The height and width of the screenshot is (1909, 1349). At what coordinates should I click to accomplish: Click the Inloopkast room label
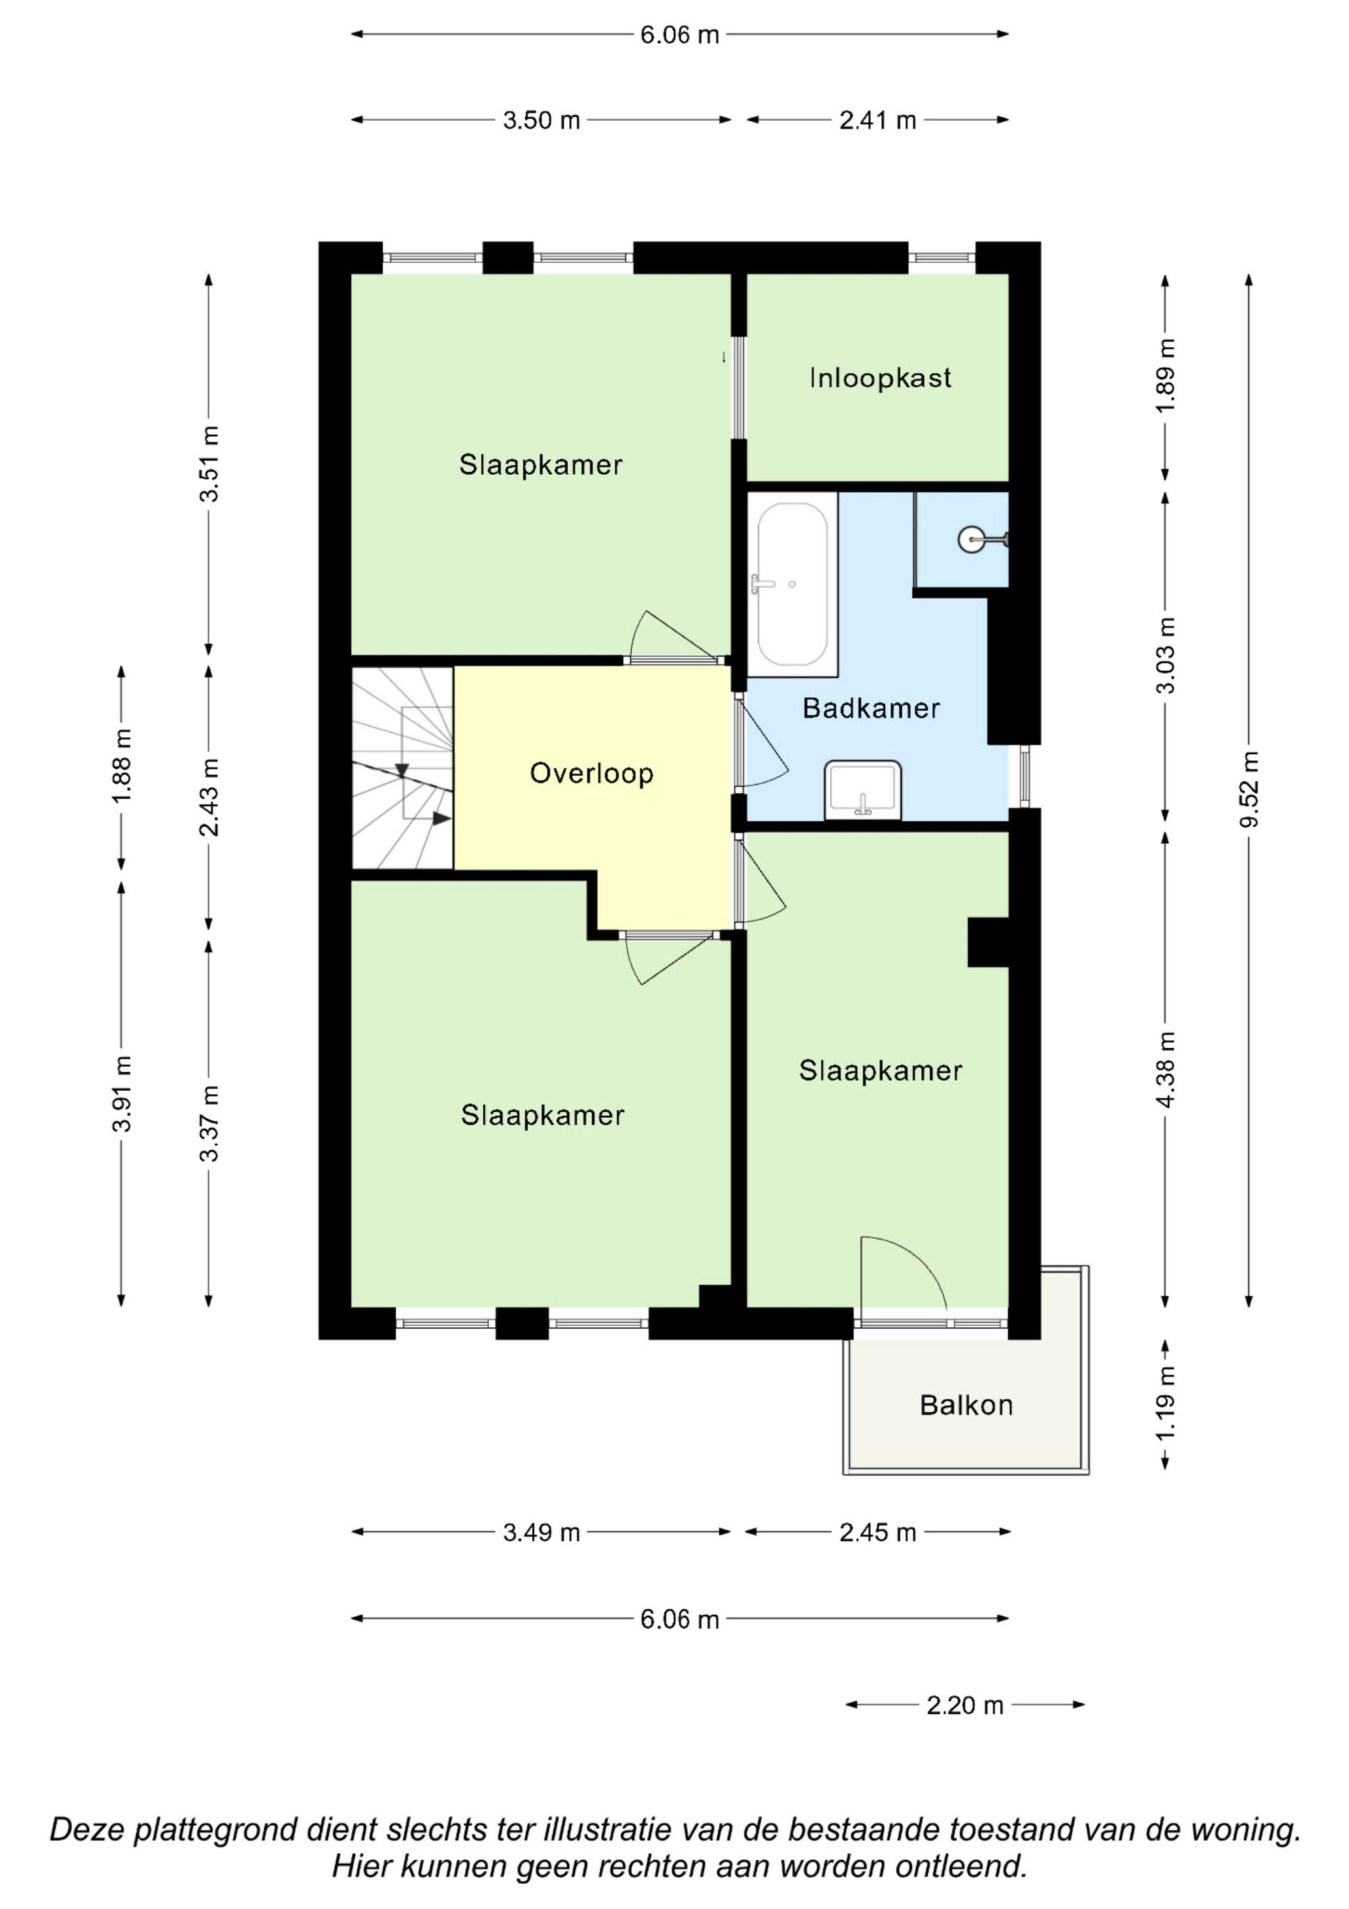[880, 379]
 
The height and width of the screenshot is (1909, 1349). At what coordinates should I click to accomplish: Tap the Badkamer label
[871, 709]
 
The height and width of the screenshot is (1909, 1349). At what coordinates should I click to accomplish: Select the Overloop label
[592, 773]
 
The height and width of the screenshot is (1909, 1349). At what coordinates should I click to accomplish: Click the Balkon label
[966, 1405]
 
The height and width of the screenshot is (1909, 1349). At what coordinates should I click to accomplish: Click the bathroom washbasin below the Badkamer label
[863, 790]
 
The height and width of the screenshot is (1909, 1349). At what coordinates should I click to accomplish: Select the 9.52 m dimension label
[1248, 790]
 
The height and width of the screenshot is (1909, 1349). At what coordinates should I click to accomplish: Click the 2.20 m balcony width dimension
[965, 1705]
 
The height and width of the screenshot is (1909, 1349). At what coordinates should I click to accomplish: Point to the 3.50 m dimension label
[541, 121]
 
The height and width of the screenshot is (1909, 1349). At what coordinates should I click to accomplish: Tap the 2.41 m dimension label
[878, 121]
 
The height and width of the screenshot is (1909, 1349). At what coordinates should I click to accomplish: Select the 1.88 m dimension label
[121, 767]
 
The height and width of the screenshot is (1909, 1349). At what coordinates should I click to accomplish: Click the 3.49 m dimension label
[541, 1532]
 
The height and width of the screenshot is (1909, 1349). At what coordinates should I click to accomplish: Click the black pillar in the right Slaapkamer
[988, 942]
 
